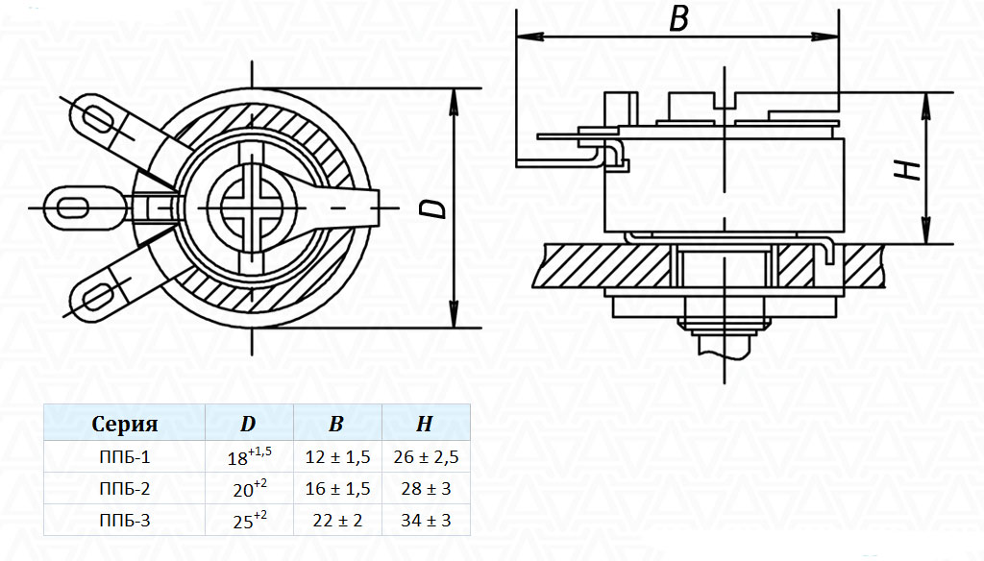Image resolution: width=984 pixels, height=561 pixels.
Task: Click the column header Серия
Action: tap(124, 424)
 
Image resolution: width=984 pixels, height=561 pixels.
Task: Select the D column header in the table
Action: tap(248, 424)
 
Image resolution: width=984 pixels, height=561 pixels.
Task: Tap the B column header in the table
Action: tap(336, 424)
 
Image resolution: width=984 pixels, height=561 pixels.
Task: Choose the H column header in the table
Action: tap(425, 424)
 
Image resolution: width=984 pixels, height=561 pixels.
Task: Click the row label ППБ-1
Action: tap(125, 457)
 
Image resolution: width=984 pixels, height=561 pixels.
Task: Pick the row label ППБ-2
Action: tap(125, 488)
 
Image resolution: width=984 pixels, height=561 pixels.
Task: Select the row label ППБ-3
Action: tap(125, 521)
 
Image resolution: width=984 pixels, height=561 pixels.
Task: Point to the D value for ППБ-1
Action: tap(249, 456)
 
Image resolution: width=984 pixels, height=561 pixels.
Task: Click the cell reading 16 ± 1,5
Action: tap(337, 488)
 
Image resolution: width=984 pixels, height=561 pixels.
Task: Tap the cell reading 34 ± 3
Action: tap(426, 521)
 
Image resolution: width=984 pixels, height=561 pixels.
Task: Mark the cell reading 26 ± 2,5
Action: tap(426, 457)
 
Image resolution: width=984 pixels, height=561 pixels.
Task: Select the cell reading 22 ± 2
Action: tap(337, 521)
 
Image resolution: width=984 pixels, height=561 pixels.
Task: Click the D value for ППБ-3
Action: tap(250, 520)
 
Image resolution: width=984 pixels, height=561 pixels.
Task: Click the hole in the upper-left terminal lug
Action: tap(99, 119)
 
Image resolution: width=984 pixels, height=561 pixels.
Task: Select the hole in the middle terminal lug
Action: tap(72, 207)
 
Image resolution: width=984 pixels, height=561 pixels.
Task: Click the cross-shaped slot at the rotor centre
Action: tap(253, 207)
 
